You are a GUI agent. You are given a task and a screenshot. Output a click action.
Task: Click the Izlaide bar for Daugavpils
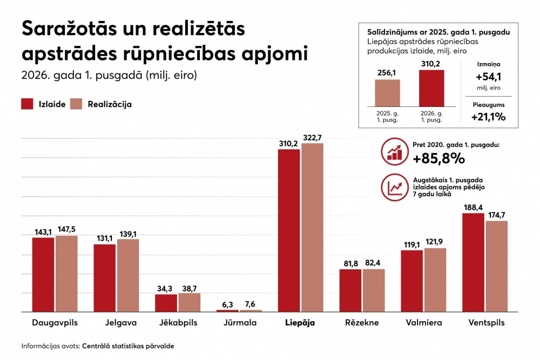[x=43, y=275]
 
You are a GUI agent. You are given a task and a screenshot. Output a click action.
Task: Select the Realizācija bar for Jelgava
[x=128, y=275]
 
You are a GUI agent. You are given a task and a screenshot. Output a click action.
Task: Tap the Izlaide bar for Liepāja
[x=288, y=230]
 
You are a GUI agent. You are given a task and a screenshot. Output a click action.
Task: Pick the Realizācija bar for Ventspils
[x=497, y=267]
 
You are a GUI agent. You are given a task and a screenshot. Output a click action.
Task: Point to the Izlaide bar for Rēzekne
[x=350, y=290]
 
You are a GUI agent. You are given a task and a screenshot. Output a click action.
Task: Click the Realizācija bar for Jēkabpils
[x=190, y=303]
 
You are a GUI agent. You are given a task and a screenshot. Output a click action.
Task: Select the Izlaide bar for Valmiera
[x=412, y=281]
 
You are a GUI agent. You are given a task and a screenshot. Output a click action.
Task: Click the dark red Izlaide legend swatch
[x=27, y=104]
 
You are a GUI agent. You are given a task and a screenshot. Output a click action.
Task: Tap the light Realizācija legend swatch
[x=76, y=104]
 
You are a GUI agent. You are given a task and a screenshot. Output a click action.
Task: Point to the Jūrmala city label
[x=240, y=323]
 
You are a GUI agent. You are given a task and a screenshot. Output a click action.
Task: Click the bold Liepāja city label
[x=300, y=323]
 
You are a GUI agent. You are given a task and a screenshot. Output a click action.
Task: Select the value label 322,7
[x=312, y=138]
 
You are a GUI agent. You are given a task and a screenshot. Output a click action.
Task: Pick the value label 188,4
[x=473, y=208]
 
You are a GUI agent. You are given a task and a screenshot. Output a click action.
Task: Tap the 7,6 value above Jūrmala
[x=250, y=304]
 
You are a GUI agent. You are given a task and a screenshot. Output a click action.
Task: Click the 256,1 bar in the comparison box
[x=387, y=93]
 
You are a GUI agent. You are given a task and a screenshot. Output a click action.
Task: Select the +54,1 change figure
[x=488, y=77]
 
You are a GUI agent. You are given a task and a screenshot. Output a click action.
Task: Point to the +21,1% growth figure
[x=488, y=117]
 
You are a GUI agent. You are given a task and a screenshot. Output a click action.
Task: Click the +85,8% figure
[x=438, y=158]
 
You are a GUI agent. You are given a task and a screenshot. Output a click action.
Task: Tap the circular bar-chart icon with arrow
[x=395, y=152]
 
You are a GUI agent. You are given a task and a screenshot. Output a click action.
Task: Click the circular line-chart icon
[x=395, y=187]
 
